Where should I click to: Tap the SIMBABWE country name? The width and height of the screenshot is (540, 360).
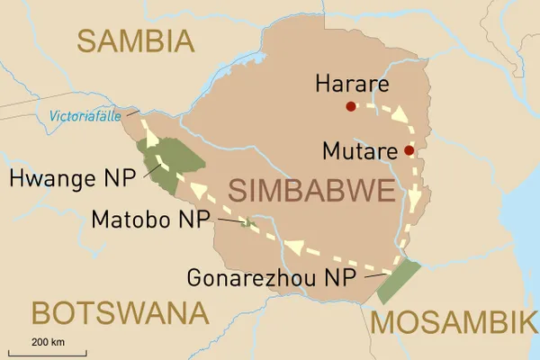point(311,191)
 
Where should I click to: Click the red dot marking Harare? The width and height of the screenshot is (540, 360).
point(350,107)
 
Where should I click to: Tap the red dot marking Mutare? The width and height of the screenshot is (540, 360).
point(409,150)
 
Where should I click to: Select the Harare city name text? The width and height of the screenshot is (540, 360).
point(352,85)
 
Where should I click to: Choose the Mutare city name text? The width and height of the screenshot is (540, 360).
point(363,149)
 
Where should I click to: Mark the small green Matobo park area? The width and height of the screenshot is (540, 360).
point(247,222)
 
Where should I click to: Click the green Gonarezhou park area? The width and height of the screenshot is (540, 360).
point(398,282)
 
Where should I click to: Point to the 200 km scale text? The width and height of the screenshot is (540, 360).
point(49,341)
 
